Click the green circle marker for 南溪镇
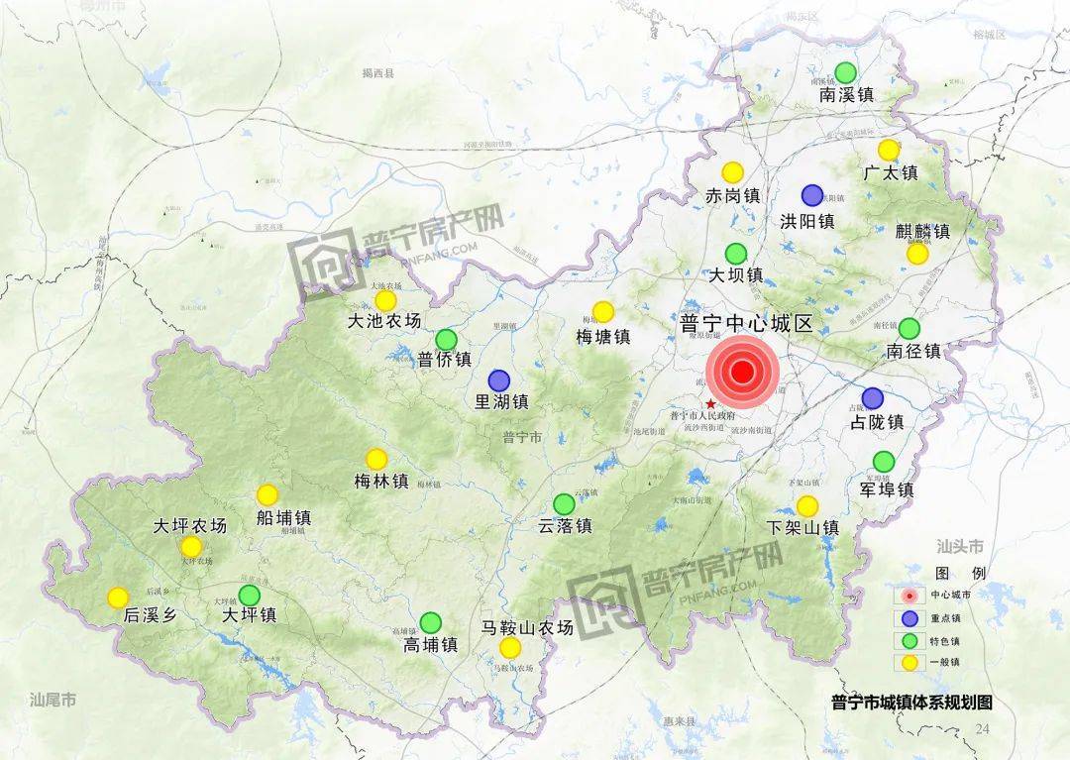point(845,72)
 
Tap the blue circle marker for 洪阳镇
point(812,195)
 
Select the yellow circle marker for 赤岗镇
point(732,172)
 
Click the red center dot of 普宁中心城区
point(742,373)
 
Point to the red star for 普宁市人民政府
point(710,404)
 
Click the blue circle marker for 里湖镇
point(498,380)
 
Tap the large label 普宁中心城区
point(745,325)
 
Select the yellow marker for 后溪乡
point(118,597)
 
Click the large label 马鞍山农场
point(527,627)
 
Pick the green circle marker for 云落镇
point(564,504)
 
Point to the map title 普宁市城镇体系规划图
point(911,703)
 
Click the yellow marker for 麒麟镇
point(917,254)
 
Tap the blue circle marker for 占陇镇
point(872,398)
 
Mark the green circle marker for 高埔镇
point(430,622)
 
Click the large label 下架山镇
point(803,528)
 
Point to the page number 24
point(982,729)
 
